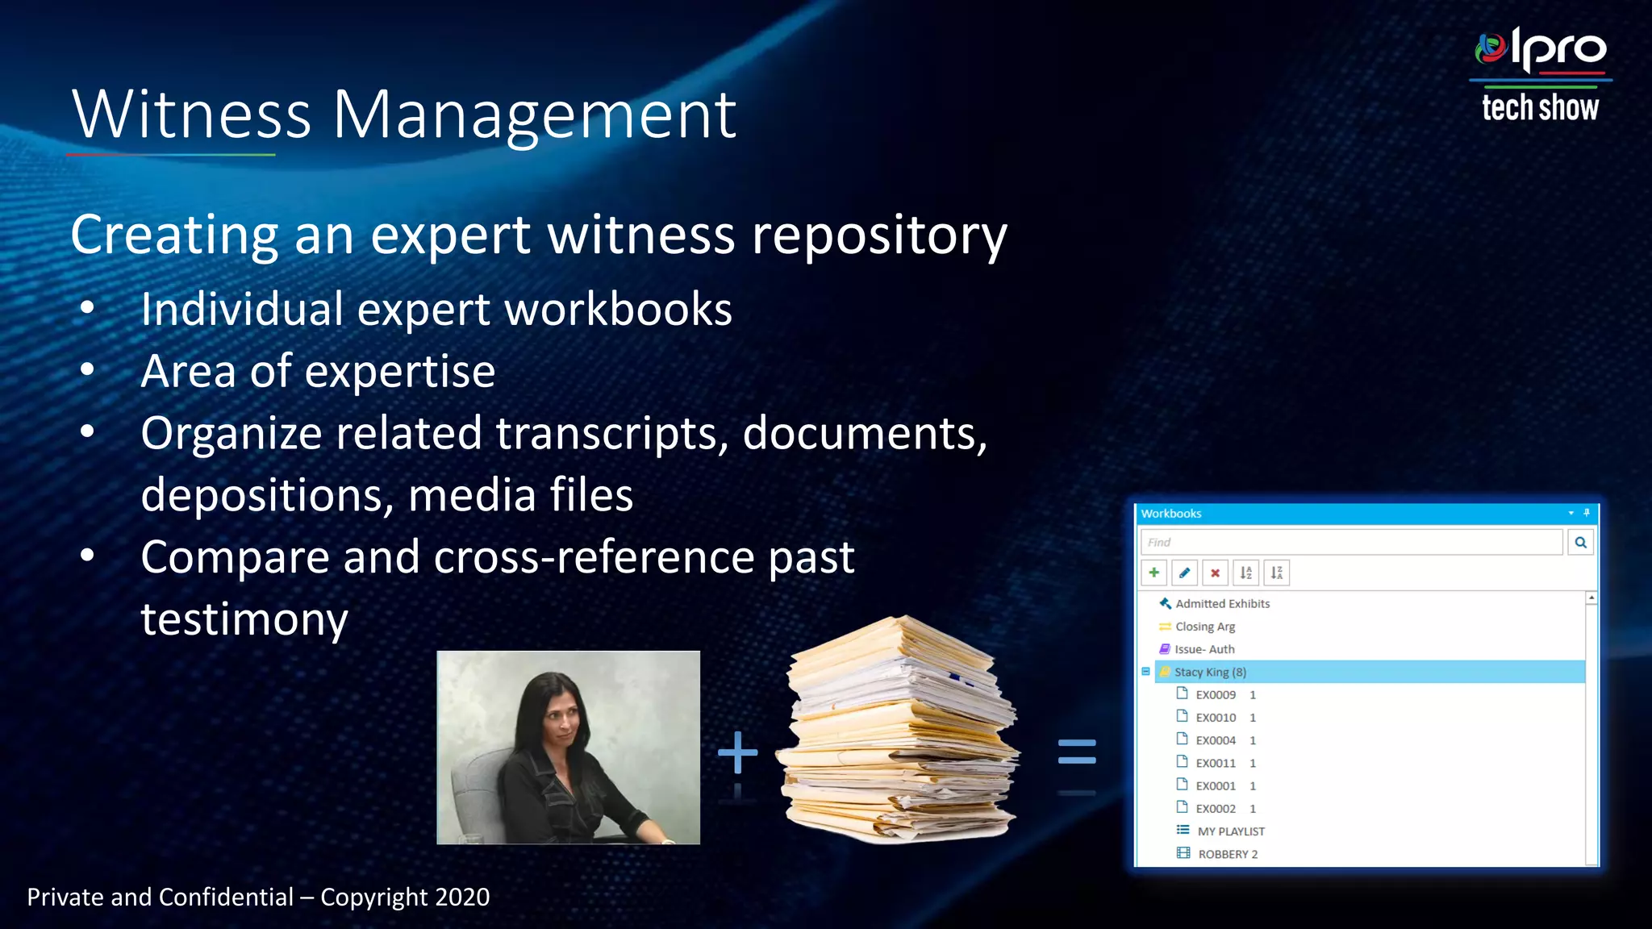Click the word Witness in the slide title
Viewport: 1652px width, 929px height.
click(x=191, y=115)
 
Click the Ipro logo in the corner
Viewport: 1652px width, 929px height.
click(x=1540, y=50)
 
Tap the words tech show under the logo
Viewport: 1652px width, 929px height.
click(x=1540, y=107)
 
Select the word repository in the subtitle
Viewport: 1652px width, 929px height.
click(x=879, y=235)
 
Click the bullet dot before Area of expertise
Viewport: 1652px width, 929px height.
click(x=87, y=370)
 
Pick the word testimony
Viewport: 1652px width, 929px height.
click(x=244, y=619)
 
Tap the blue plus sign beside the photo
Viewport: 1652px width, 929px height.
click(x=737, y=752)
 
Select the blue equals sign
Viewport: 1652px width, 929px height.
click(x=1077, y=752)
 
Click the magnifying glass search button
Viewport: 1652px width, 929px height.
click(x=1580, y=542)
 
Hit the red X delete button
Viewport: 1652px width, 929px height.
click(x=1215, y=573)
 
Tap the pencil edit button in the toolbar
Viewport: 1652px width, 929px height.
click(x=1184, y=573)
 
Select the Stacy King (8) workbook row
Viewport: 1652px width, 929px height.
click(x=1210, y=672)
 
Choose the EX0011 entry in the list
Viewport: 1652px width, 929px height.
click(x=1215, y=763)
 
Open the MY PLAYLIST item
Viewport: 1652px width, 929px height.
click(x=1230, y=831)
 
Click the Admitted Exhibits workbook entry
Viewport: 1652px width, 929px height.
click(x=1222, y=603)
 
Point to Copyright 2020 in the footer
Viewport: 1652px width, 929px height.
click(x=405, y=897)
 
